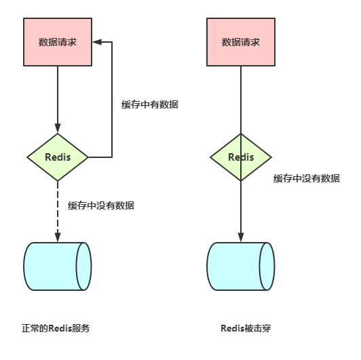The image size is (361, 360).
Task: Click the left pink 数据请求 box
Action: (58, 42)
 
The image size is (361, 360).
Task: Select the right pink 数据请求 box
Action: (241, 42)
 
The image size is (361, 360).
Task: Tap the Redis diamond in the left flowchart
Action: (58, 157)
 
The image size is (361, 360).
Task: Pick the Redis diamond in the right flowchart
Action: (241, 157)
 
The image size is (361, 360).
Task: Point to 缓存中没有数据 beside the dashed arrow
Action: (101, 205)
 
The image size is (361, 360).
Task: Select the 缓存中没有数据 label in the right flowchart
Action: (306, 178)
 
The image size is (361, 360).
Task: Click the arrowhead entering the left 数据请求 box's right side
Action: (96, 42)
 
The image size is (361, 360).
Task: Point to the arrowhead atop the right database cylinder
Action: (241, 237)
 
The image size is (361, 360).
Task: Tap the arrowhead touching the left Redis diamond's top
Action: (58, 129)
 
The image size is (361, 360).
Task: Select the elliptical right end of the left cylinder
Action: (83, 266)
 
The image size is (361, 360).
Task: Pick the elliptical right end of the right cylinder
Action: (267, 266)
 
